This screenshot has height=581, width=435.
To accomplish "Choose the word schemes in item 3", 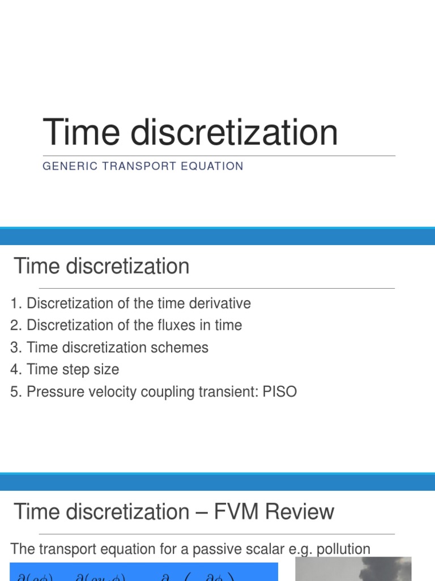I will point(185,347).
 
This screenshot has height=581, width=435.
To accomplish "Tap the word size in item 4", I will point(106,369).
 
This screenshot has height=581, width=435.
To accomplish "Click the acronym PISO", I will point(279,391).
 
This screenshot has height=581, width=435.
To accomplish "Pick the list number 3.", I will point(15,347).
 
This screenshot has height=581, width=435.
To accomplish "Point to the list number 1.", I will point(15,304).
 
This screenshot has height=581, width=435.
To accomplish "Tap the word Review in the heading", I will point(298,512).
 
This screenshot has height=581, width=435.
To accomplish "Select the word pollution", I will point(338,549).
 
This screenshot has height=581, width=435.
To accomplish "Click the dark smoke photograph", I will point(353,569).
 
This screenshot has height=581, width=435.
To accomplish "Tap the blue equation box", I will point(144,572).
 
